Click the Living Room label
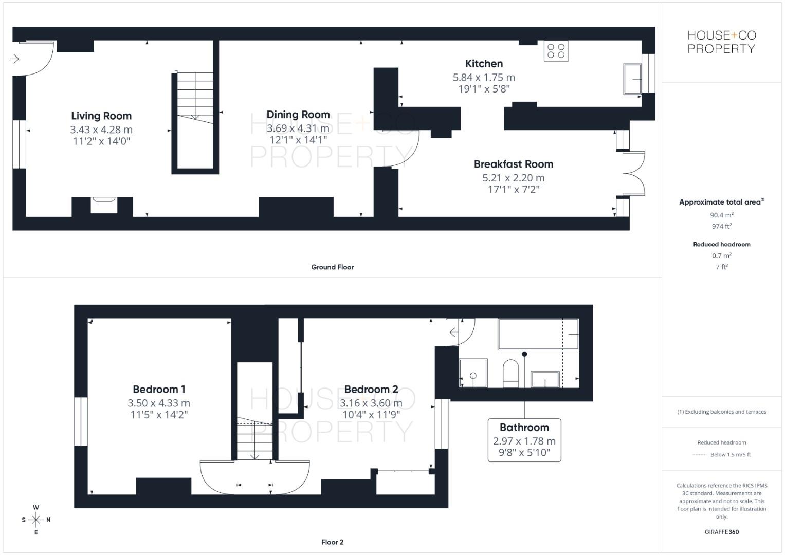click(101, 116)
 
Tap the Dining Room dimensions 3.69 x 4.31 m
click(298, 128)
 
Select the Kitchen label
click(484, 64)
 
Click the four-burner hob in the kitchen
click(556, 51)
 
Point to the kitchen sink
click(632, 79)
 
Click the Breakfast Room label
click(513, 164)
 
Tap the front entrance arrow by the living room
click(14, 59)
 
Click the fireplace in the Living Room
click(104, 205)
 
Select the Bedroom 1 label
click(159, 390)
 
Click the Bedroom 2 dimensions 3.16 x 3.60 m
click(371, 403)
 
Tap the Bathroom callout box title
click(524, 428)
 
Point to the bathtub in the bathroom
click(537, 335)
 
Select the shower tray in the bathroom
click(472, 373)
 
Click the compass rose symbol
click(36, 520)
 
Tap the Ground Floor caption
click(332, 267)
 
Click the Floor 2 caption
click(332, 542)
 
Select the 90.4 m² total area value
click(721, 215)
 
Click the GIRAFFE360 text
click(721, 532)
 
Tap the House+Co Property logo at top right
click(721, 42)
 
